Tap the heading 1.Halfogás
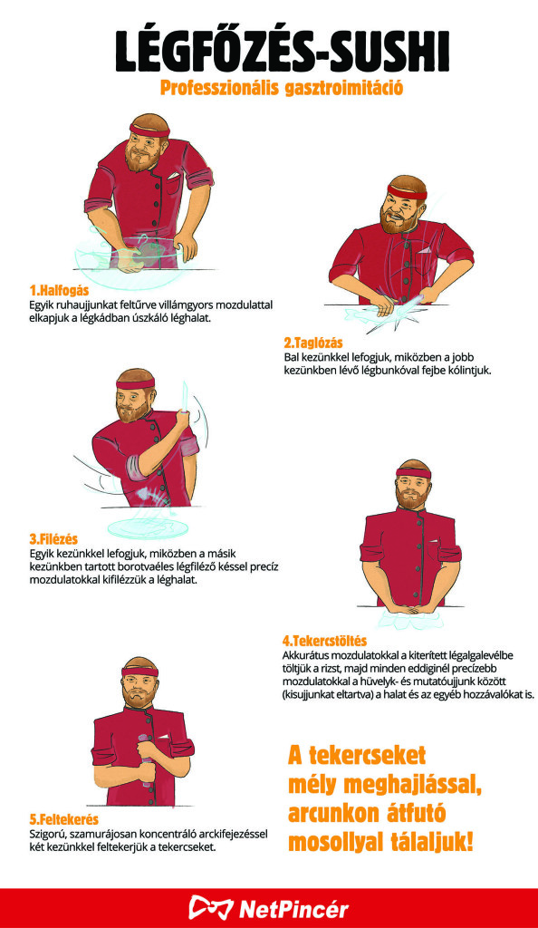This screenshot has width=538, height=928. (59, 291)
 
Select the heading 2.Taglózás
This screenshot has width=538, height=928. (312, 343)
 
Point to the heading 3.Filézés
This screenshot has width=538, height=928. (53, 539)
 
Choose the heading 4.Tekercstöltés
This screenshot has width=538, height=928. (324, 641)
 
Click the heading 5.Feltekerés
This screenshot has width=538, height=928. (63, 819)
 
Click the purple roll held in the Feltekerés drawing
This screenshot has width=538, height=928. (144, 759)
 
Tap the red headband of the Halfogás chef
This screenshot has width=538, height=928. (149, 130)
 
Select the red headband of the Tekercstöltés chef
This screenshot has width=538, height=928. (413, 473)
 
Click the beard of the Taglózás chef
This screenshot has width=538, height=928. (394, 221)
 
